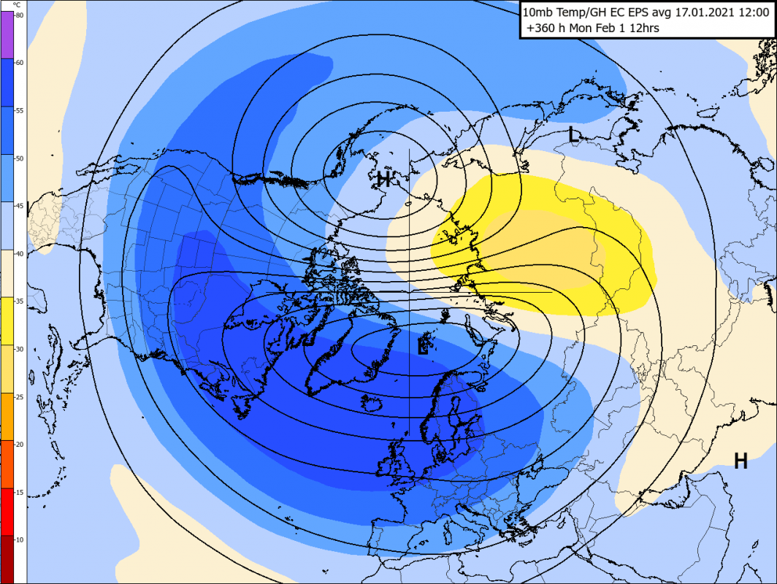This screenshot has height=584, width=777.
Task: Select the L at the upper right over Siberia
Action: (574, 134)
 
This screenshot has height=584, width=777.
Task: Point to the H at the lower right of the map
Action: (740, 461)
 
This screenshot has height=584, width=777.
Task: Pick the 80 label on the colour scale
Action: (20, 15)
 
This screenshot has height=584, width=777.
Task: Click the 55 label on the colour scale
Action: (20, 110)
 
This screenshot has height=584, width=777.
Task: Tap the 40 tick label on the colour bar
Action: (20, 253)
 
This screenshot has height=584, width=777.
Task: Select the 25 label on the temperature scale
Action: (20, 396)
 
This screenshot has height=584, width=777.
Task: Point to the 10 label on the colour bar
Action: (20, 539)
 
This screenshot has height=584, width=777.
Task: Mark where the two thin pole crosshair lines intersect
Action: (409, 293)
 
